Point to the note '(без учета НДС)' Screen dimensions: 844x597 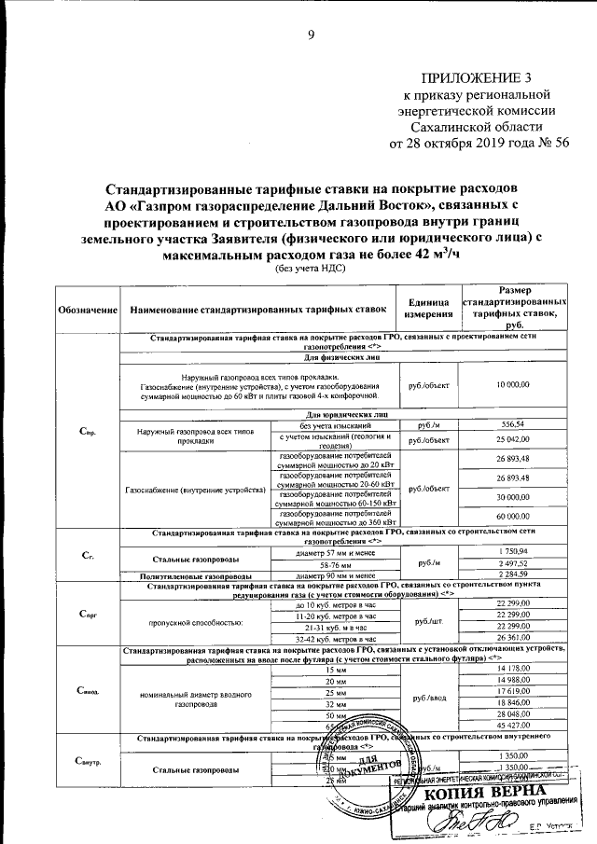310,268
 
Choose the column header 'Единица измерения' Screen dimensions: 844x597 428,309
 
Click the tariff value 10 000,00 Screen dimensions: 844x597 514,384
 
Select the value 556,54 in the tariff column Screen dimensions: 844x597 514,424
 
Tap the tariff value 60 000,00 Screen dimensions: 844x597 514,516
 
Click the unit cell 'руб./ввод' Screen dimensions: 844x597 428,695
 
